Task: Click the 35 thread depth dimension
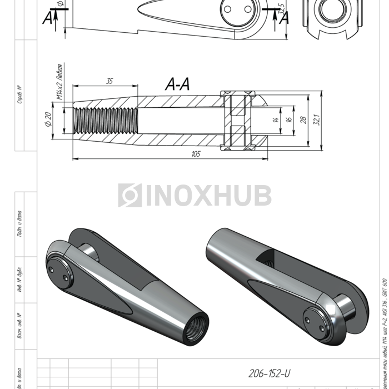click(x=109, y=81)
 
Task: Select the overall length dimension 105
click(x=195, y=154)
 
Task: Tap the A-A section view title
click(x=178, y=84)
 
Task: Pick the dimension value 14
click(x=275, y=119)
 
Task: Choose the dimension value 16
click(x=288, y=119)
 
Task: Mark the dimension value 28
click(x=304, y=119)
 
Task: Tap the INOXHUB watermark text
click(x=208, y=196)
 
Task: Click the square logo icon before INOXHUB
click(x=129, y=196)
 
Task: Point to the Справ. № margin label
click(x=20, y=94)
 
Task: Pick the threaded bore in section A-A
click(x=106, y=119)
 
